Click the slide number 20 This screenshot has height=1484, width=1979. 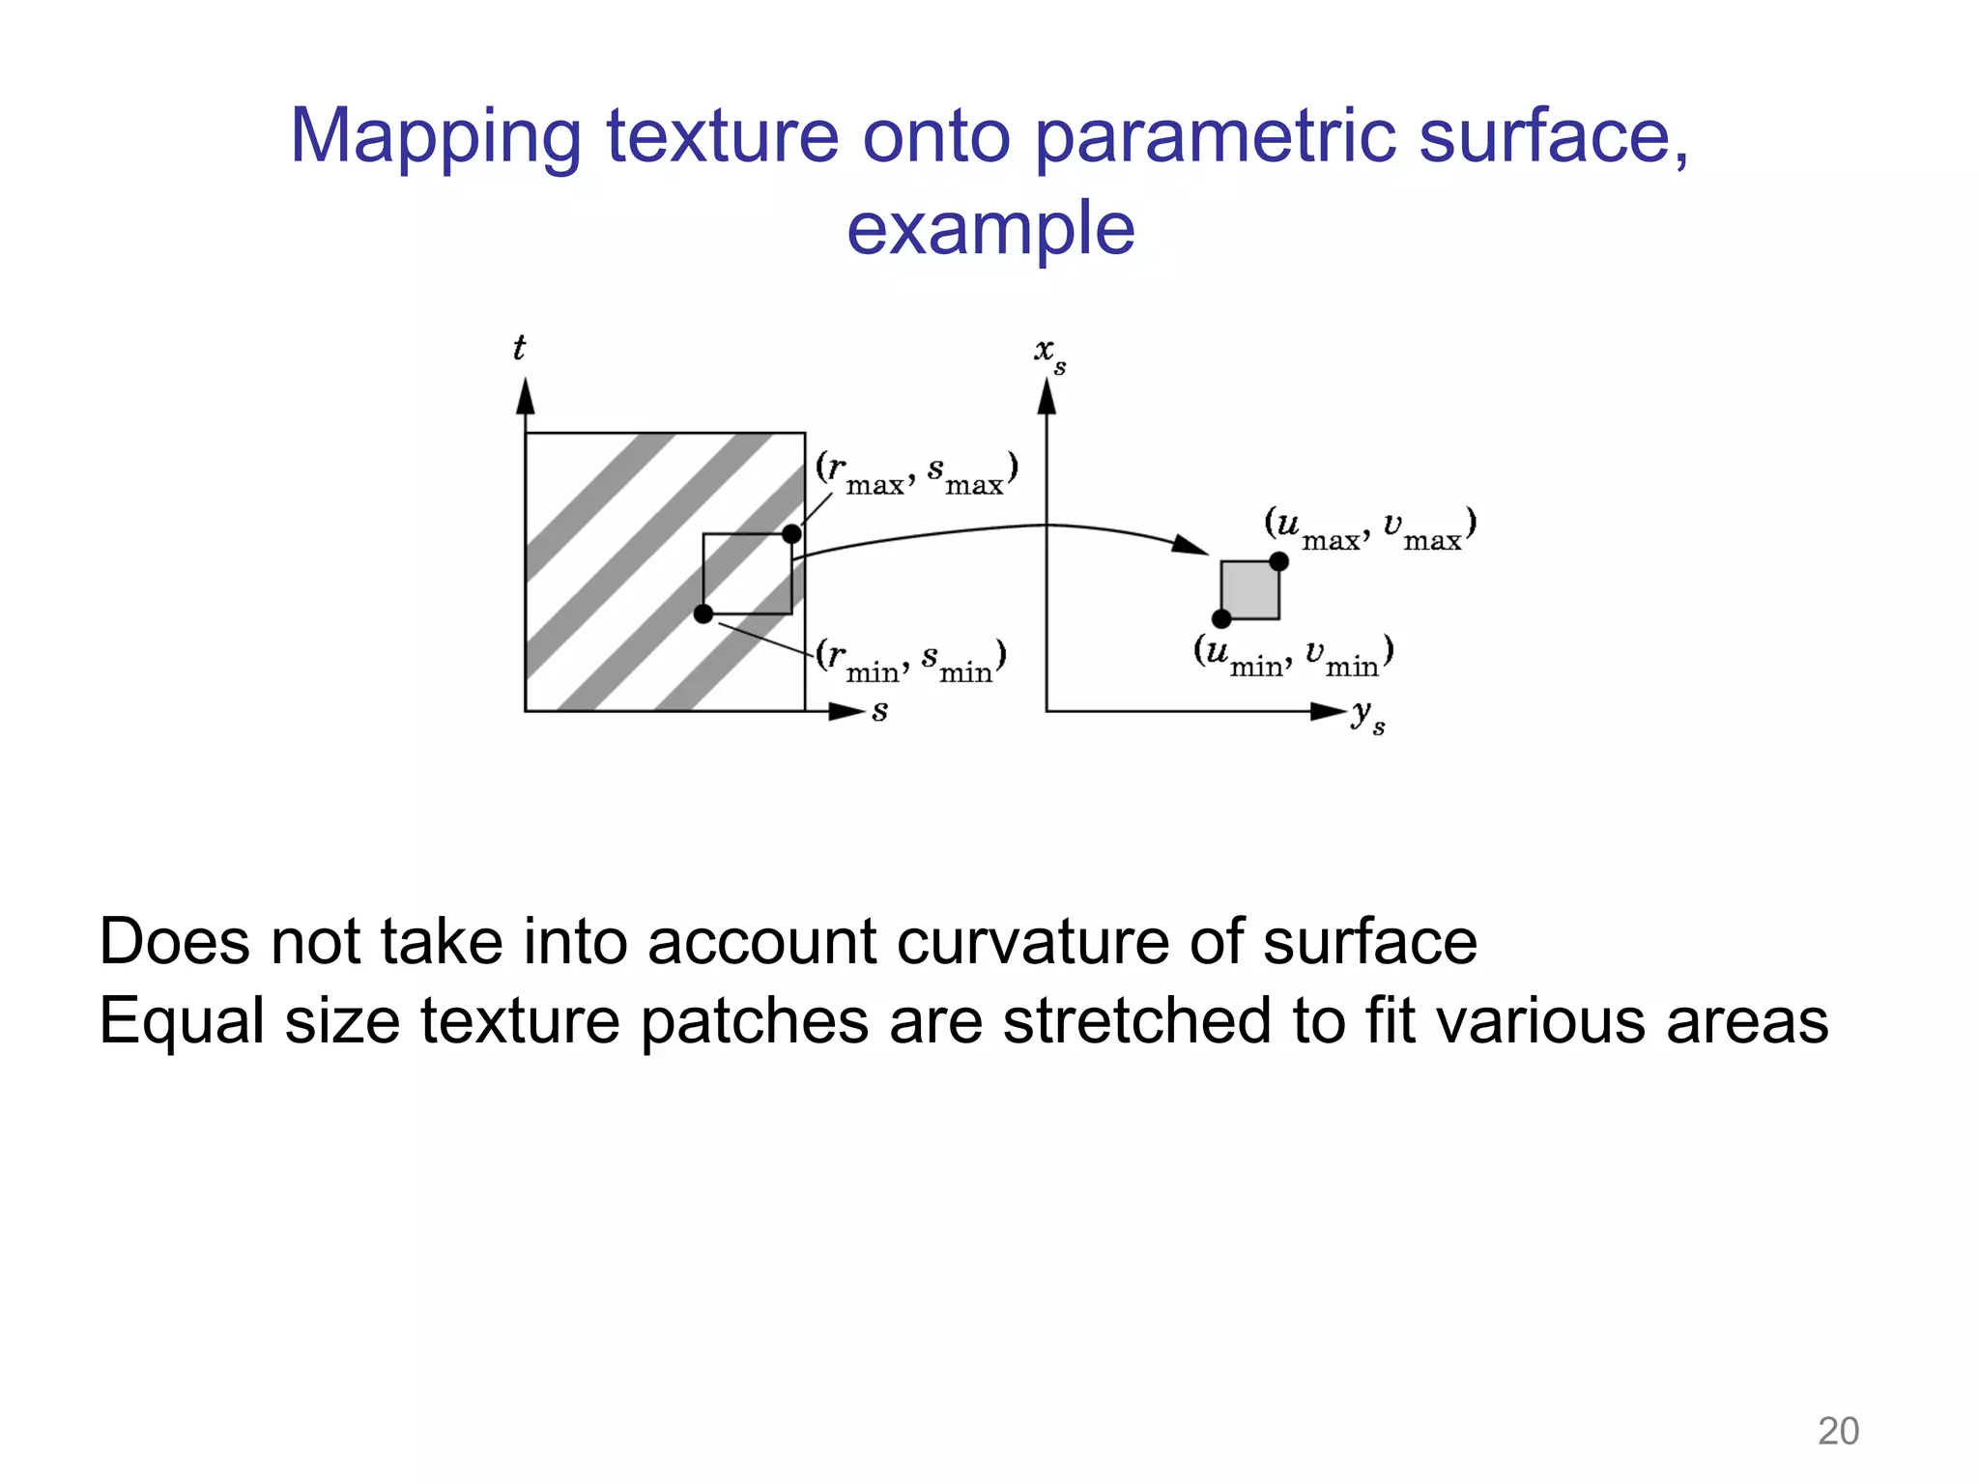point(1838,1431)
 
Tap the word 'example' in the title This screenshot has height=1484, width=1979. point(990,229)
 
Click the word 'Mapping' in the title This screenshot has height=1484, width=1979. point(436,137)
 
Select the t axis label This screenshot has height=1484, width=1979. point(519,348)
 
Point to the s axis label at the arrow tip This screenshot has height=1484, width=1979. point(879,712)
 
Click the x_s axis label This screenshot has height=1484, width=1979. point(1049,354)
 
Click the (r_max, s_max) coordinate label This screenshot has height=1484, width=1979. point(916,472)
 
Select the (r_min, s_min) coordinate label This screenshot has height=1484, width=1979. point(911,660)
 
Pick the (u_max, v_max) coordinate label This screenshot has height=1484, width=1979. point(1370,528)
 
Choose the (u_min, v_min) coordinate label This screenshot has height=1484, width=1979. point(1293,655)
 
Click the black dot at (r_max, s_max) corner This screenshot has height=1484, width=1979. point(791,534)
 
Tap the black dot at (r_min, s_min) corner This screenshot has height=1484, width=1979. point(703,614)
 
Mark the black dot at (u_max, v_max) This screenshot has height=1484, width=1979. point(1278,561)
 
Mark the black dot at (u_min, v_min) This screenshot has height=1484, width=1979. point(1221,618)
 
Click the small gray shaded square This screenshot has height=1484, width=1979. point(1250,590)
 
